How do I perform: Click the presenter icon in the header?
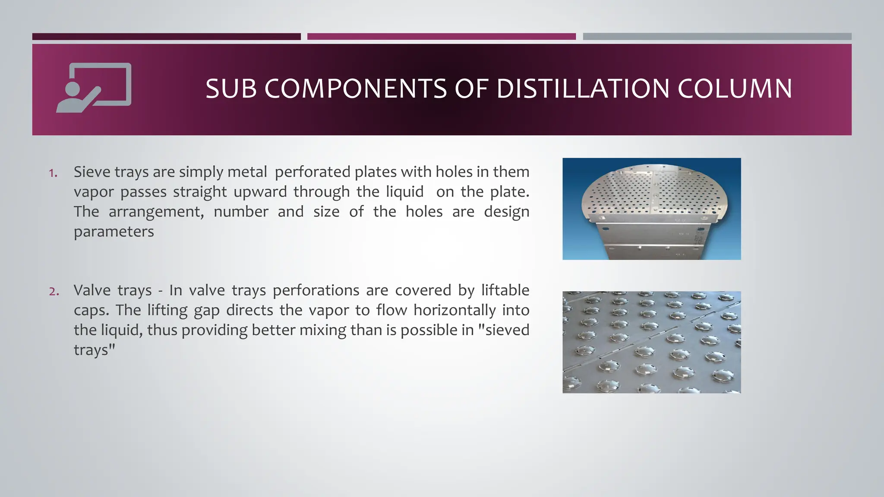94,88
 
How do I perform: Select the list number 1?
53,173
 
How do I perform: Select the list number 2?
54,292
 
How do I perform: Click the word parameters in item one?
114,232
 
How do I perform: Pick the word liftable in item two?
505,290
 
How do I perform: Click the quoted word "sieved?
504,330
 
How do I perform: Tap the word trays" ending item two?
95,349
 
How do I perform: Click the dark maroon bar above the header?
166,37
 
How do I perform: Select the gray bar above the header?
717,37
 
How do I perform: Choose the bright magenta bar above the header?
441,37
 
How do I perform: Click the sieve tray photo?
651,209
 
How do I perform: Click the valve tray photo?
651,342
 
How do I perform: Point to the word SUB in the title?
231,89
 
